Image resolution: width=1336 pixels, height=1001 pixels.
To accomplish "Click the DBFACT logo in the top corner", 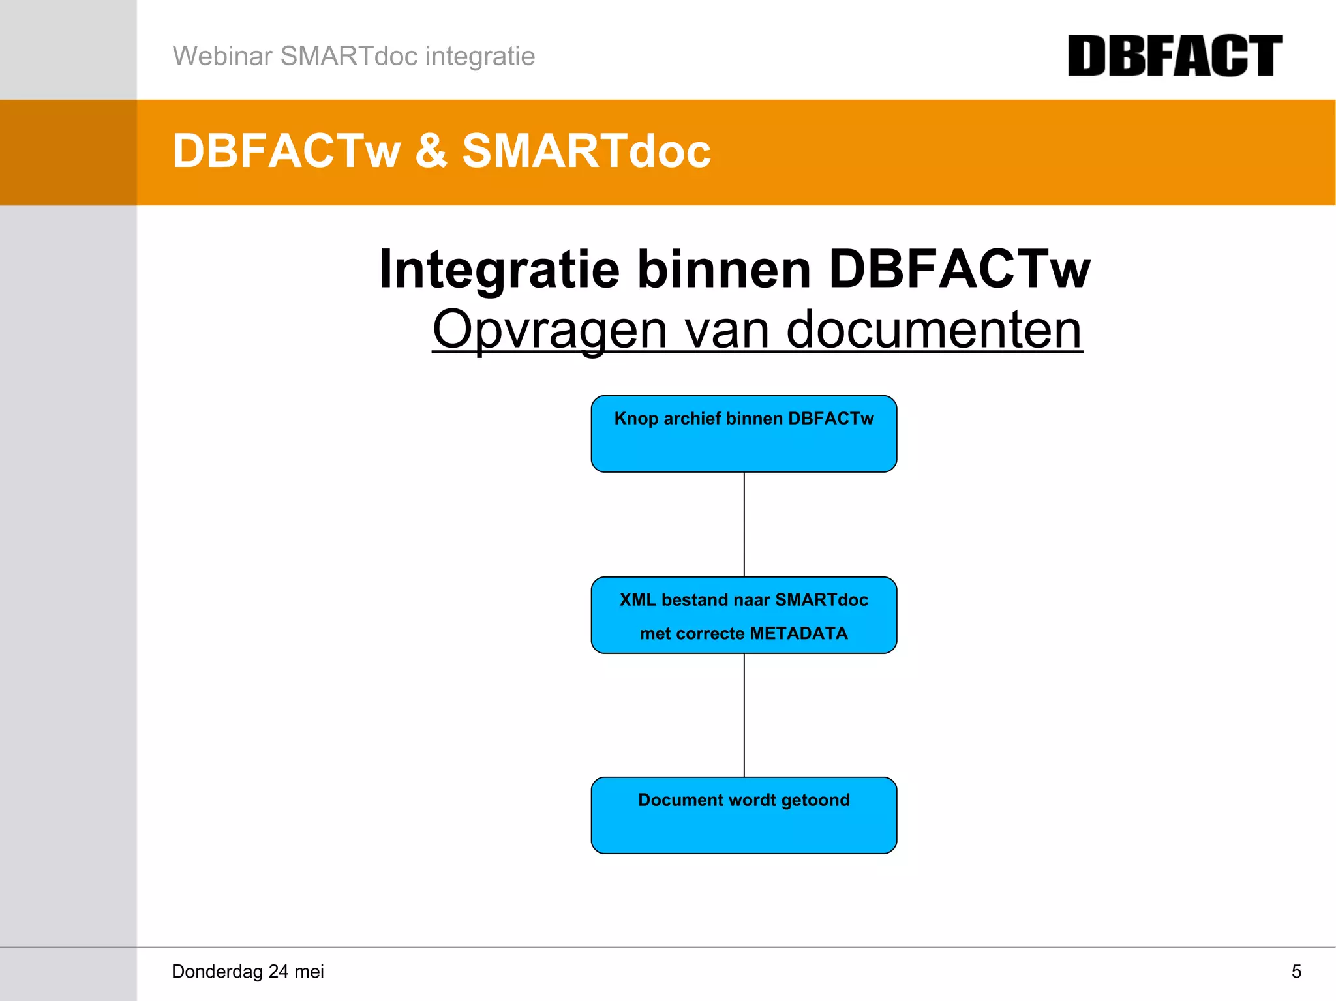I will [x=1174, y=56].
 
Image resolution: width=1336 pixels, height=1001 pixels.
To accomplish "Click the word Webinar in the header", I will [x=222, y=56].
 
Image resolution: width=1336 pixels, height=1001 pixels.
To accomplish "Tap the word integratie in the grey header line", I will [x=479, y=56].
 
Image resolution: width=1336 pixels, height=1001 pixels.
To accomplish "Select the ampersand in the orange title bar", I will [x=431, y=151].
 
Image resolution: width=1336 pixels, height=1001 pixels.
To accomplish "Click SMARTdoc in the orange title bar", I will [x=586, y=151].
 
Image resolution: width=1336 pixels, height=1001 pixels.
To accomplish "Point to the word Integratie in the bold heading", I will [x=499, y=269].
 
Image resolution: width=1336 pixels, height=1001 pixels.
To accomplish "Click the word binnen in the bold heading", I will [x=723, y=269].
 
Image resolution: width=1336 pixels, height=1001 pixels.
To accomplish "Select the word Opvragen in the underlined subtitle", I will [x=550, y=330].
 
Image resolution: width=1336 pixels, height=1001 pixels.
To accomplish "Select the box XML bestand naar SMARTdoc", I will [x=744, y=615].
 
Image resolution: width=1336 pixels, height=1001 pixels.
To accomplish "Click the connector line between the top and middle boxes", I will [x=744, y=524].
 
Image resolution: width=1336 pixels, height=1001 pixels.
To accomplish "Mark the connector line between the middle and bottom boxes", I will [x=744, y=715].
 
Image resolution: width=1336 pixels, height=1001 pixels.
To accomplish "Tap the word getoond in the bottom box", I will [x=815, y=800].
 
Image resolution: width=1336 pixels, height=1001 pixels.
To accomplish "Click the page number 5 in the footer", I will [x=1296, y=972].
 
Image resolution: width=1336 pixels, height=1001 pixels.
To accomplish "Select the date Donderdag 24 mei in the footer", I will [x=248, y=972].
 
